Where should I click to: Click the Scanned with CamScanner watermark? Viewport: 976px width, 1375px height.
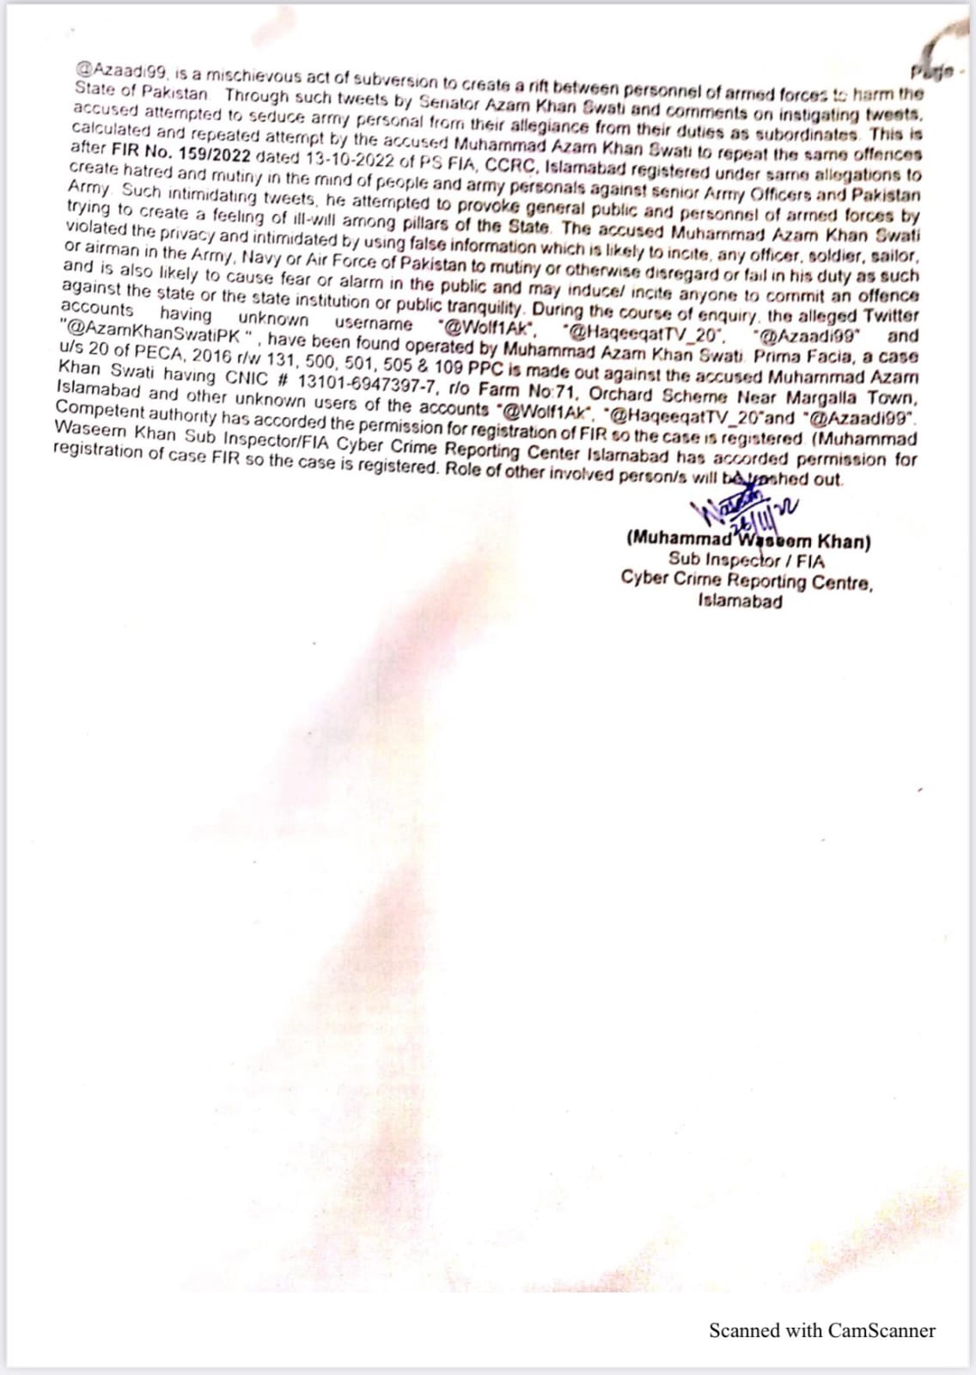[821, 1330]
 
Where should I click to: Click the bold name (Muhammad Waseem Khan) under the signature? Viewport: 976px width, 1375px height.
[748, 541]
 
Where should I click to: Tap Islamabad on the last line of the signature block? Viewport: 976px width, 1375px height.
[740, 601]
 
